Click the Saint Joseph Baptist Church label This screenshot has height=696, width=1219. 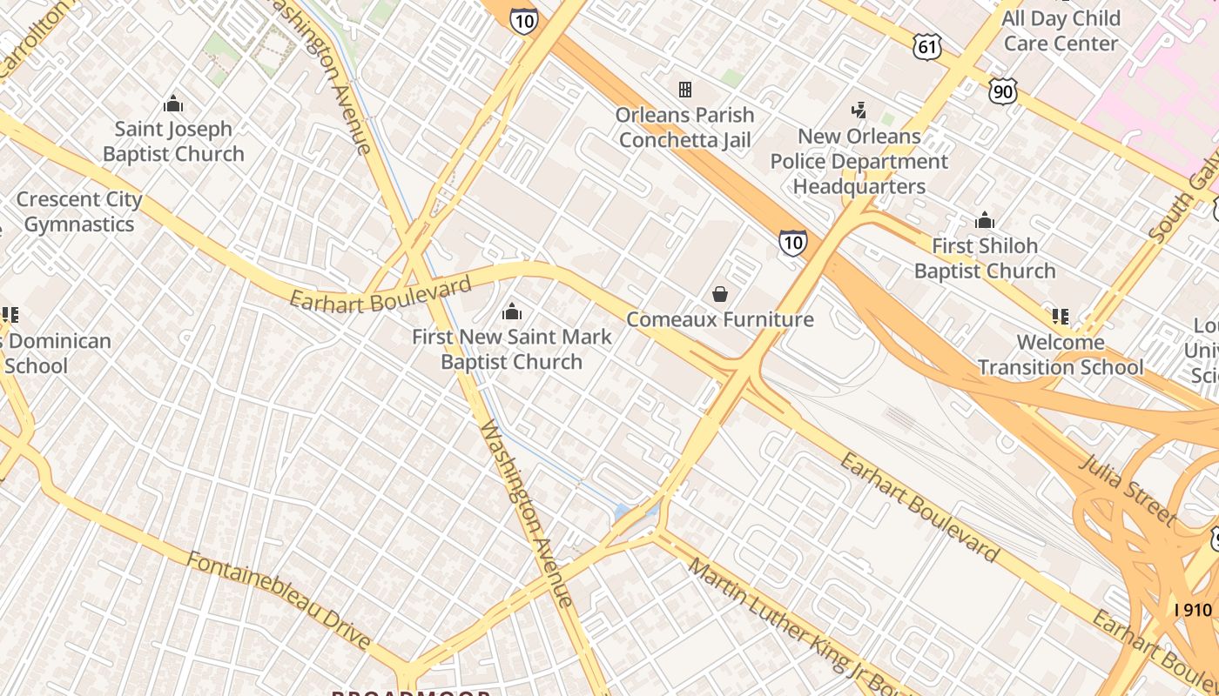pyautogui.click(x=173, y=142)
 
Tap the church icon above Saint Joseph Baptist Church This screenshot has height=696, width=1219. pyautogui.click(x=173, y=104)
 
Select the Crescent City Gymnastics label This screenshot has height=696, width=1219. pyautogui.click(x=78, y=211)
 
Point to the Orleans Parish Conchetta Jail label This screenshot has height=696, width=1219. pyautogui.click(x=684, y=127)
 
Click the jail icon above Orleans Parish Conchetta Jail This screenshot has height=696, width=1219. pyautogui.click(x=685, y=89)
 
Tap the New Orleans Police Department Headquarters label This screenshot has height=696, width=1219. pyautogui.click(x=859, y=161)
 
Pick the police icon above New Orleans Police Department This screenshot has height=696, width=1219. pyautogui.click(x=859, y=110)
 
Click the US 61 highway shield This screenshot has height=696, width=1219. pyautogui.click(x=927, y=47)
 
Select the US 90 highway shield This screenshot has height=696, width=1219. pyautogui.click(x=1003, y=90)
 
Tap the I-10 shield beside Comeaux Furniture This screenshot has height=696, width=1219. pyautogui.click(x=792, y=243)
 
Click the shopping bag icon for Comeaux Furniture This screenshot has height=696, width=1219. pyautogui.click(x=720, y=295)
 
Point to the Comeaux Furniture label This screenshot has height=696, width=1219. pyautogui.click(x=720, y=319)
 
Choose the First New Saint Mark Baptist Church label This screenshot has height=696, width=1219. pyautogui.click(x=511, y=349)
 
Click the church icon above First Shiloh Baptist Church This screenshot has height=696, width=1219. pyautogui.click(x=985, y=220)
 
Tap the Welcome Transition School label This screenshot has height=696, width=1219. pyautogui.click(x=1060, y=354)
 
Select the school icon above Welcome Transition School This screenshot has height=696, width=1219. pyautogui.click(x=1060, y=316)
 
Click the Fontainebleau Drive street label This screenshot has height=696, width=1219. pyautogui.click(x=279, y=598)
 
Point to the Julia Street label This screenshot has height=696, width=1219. pyautogui.click(x=1128, y=488)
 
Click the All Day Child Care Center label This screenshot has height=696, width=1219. pyautogui.click(x=1061, y=30)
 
